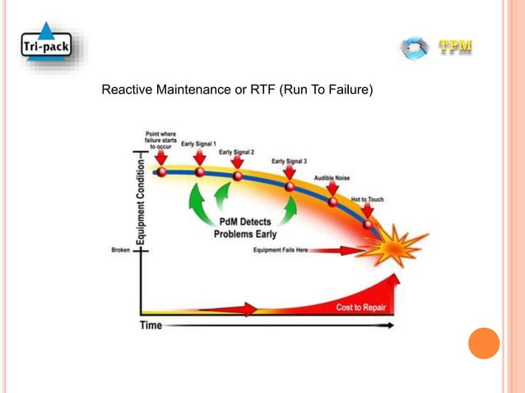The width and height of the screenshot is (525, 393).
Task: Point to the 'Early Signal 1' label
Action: [198, 143]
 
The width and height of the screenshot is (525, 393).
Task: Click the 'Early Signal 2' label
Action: [236, 152]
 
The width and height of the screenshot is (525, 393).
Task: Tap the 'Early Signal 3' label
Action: [289, 161]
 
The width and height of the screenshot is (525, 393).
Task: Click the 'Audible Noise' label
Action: [332, 178]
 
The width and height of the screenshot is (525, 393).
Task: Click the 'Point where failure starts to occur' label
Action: [161, 138]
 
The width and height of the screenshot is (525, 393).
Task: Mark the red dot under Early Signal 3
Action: [290, 187]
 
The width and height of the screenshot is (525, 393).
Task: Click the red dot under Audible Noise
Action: [333, 202]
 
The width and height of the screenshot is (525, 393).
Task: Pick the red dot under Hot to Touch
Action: [367, 223]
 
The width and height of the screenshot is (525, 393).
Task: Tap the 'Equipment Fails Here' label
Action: [280, 250]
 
